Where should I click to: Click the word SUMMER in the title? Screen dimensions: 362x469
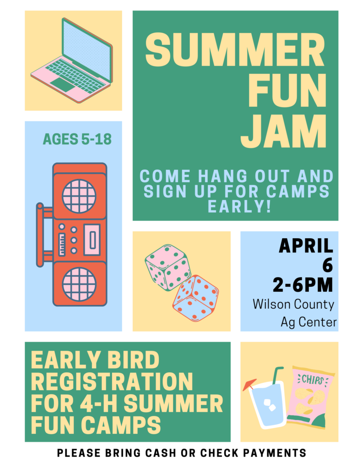coord(235,49)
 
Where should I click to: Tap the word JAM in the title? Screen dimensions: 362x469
coord(283,131)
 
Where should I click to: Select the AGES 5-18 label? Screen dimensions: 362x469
coord(77,139)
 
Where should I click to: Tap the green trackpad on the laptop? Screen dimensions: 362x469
coord(63,84)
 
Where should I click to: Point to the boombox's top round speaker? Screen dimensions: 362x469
coord(79,196)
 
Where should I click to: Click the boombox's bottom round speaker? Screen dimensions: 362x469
coord(79,284)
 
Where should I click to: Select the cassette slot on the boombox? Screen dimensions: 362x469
coord(92,240)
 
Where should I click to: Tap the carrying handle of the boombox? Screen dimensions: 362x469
coord(40,235)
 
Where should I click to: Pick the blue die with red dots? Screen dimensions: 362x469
coord(196,298)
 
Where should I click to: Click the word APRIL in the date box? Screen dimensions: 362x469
coord(306,246)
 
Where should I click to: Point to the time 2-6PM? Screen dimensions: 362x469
coord(303,284)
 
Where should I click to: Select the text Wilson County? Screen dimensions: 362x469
coord(293,304)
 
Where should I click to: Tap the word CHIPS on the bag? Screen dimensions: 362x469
coord(312,380)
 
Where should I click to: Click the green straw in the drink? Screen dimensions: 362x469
coord(276,377)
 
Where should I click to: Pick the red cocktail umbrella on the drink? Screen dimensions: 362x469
coord(249,384)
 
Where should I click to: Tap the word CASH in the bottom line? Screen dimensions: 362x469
coord(161,453)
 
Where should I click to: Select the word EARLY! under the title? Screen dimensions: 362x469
coord(239,206)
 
